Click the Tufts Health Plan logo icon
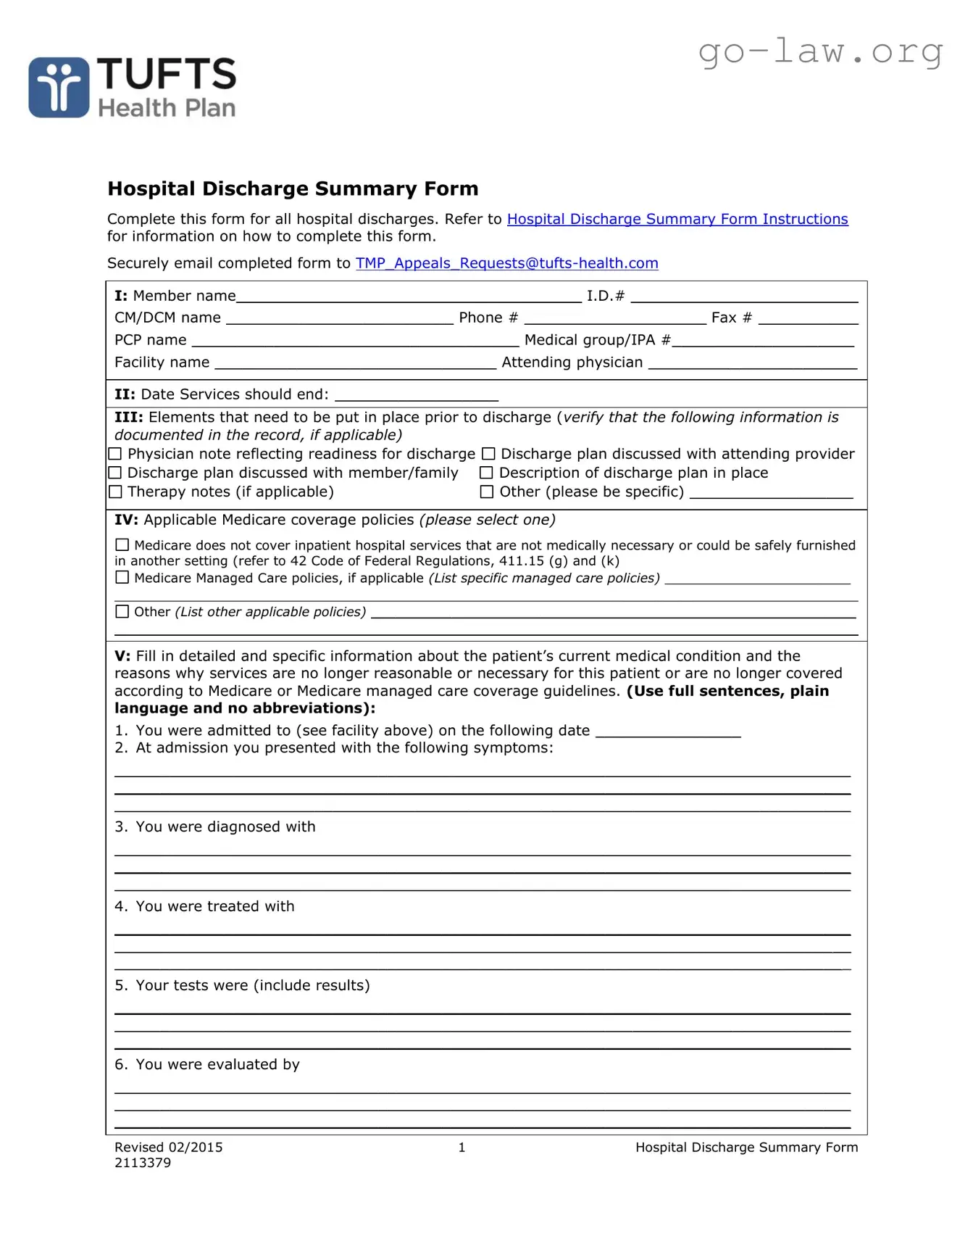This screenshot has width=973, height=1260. [59, 88]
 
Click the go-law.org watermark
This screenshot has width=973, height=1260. [820, 51]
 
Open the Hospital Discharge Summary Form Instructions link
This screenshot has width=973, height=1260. [677, 219]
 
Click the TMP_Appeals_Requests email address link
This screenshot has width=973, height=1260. [506, 263]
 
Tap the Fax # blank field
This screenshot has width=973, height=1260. [808, 319]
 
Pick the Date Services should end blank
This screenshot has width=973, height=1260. [417, 396]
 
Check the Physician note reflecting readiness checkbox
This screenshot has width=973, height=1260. [115, 454]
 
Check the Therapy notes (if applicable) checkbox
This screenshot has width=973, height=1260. [115, 492]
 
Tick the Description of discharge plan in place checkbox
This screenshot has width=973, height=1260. [486, 473]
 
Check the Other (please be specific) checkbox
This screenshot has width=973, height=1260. [487, 492]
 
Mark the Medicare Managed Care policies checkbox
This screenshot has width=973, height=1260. [122, 578]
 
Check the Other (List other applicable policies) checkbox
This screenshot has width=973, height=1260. [122, 611]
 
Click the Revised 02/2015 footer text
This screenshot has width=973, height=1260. [168, 1147]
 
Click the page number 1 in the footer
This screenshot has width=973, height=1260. [462, 1147]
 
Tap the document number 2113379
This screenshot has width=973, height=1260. [143, 1163]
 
